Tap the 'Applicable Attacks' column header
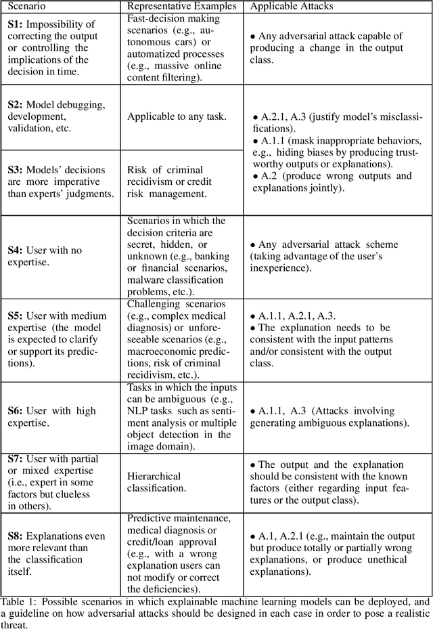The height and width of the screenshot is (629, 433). click(x=292, y=6)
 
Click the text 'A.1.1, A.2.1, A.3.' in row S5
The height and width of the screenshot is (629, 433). click(x=298, y=316)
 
